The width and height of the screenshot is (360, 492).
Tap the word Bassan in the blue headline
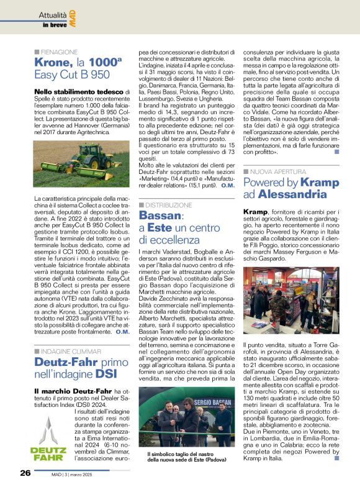tap(160, 216)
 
